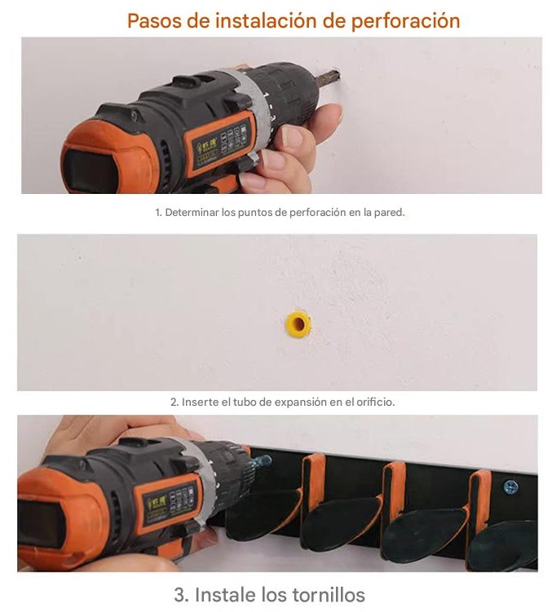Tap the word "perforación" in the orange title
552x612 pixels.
click(x=405, y=21)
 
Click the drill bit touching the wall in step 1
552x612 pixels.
click(x=329, y=77)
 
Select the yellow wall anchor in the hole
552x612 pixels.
click(x=298, y=324)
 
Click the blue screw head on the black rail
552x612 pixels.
click(x=510, y=487)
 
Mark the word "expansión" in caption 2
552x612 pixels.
click(x=301, y=403)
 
